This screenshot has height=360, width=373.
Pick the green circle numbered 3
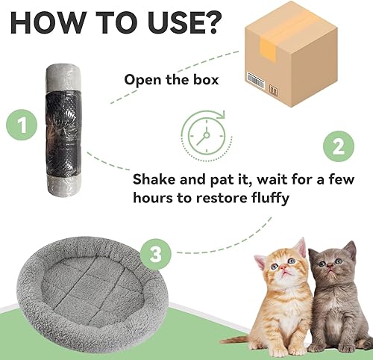coord(154,255)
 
